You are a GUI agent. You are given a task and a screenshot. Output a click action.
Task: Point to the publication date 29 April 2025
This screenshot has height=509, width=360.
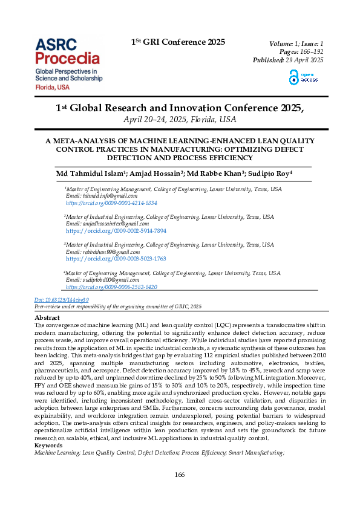pos(304,60)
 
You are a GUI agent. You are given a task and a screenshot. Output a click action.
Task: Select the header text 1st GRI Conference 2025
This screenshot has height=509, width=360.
pos(178,42)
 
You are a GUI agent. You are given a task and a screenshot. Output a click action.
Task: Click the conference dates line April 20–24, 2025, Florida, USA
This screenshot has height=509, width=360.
pos(180,119)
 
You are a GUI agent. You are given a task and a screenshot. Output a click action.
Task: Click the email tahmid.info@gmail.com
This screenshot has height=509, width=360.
pos(102,196)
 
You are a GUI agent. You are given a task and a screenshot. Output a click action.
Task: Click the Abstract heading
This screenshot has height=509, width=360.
pos(47,317)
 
